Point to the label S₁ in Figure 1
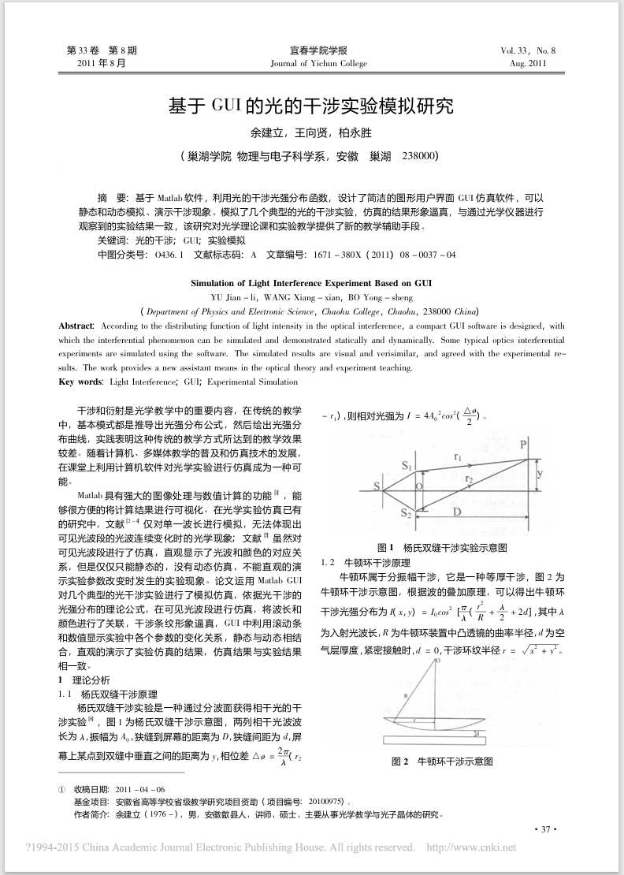[x=407, y=467]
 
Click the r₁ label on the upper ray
[x=459, y=456]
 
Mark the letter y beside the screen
[x=540, y=474]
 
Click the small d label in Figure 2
[x=478, y=733]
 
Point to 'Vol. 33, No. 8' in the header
[x=528, y=50]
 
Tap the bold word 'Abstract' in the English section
[x=76, y=326]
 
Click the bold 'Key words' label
[x=81, y=382]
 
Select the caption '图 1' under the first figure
[x=385, y=547]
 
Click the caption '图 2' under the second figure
[x=400, y=761]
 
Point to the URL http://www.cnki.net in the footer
[x=470, y=848]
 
